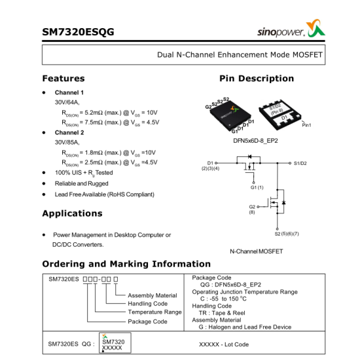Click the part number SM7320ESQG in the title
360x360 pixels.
click(78, 31)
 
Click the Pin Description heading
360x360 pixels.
click(257, 79)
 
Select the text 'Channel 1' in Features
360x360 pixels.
click(69, 92)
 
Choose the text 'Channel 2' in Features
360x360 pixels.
click(69, 132)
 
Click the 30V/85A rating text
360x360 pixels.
click(67, 142)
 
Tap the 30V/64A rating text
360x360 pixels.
click(67, 102)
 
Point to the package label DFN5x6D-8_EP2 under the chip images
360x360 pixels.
click(255, 140)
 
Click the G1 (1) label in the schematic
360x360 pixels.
click(257, 188)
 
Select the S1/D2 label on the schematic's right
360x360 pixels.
click(305, 163)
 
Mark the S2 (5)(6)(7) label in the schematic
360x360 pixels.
click(287, 234)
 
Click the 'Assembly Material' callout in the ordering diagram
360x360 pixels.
click(153, 295)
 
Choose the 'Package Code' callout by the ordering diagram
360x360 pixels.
click(147, 321)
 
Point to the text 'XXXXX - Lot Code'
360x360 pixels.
click(224, 344)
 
